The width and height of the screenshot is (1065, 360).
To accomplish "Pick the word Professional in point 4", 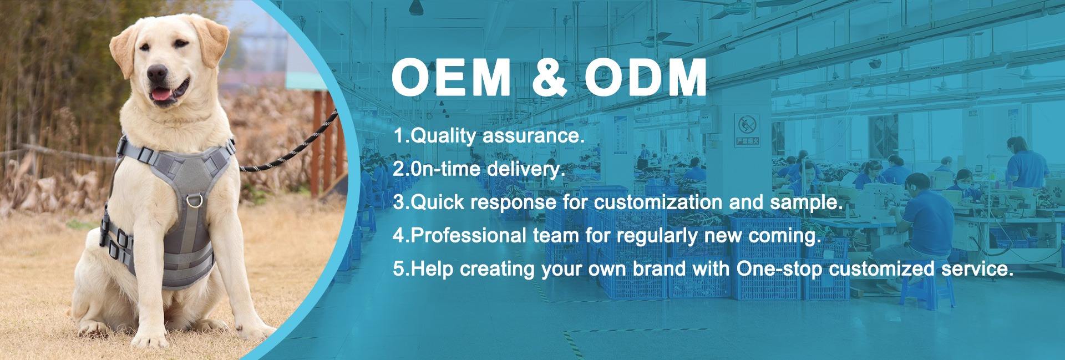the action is [469, 236].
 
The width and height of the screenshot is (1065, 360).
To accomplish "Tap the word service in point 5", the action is [971, 269].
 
